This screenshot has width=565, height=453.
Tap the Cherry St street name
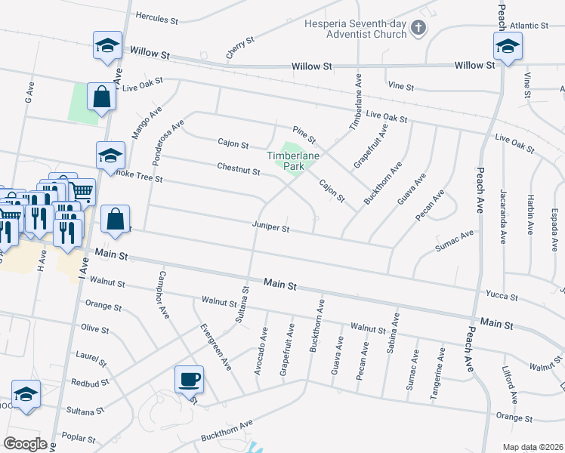click(236, 47)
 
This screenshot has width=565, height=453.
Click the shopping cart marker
click(83, 191)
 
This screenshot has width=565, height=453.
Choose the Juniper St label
click(271, 225)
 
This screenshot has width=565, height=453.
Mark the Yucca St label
click(503, 297)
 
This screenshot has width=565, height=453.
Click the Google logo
click(26, 443)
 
